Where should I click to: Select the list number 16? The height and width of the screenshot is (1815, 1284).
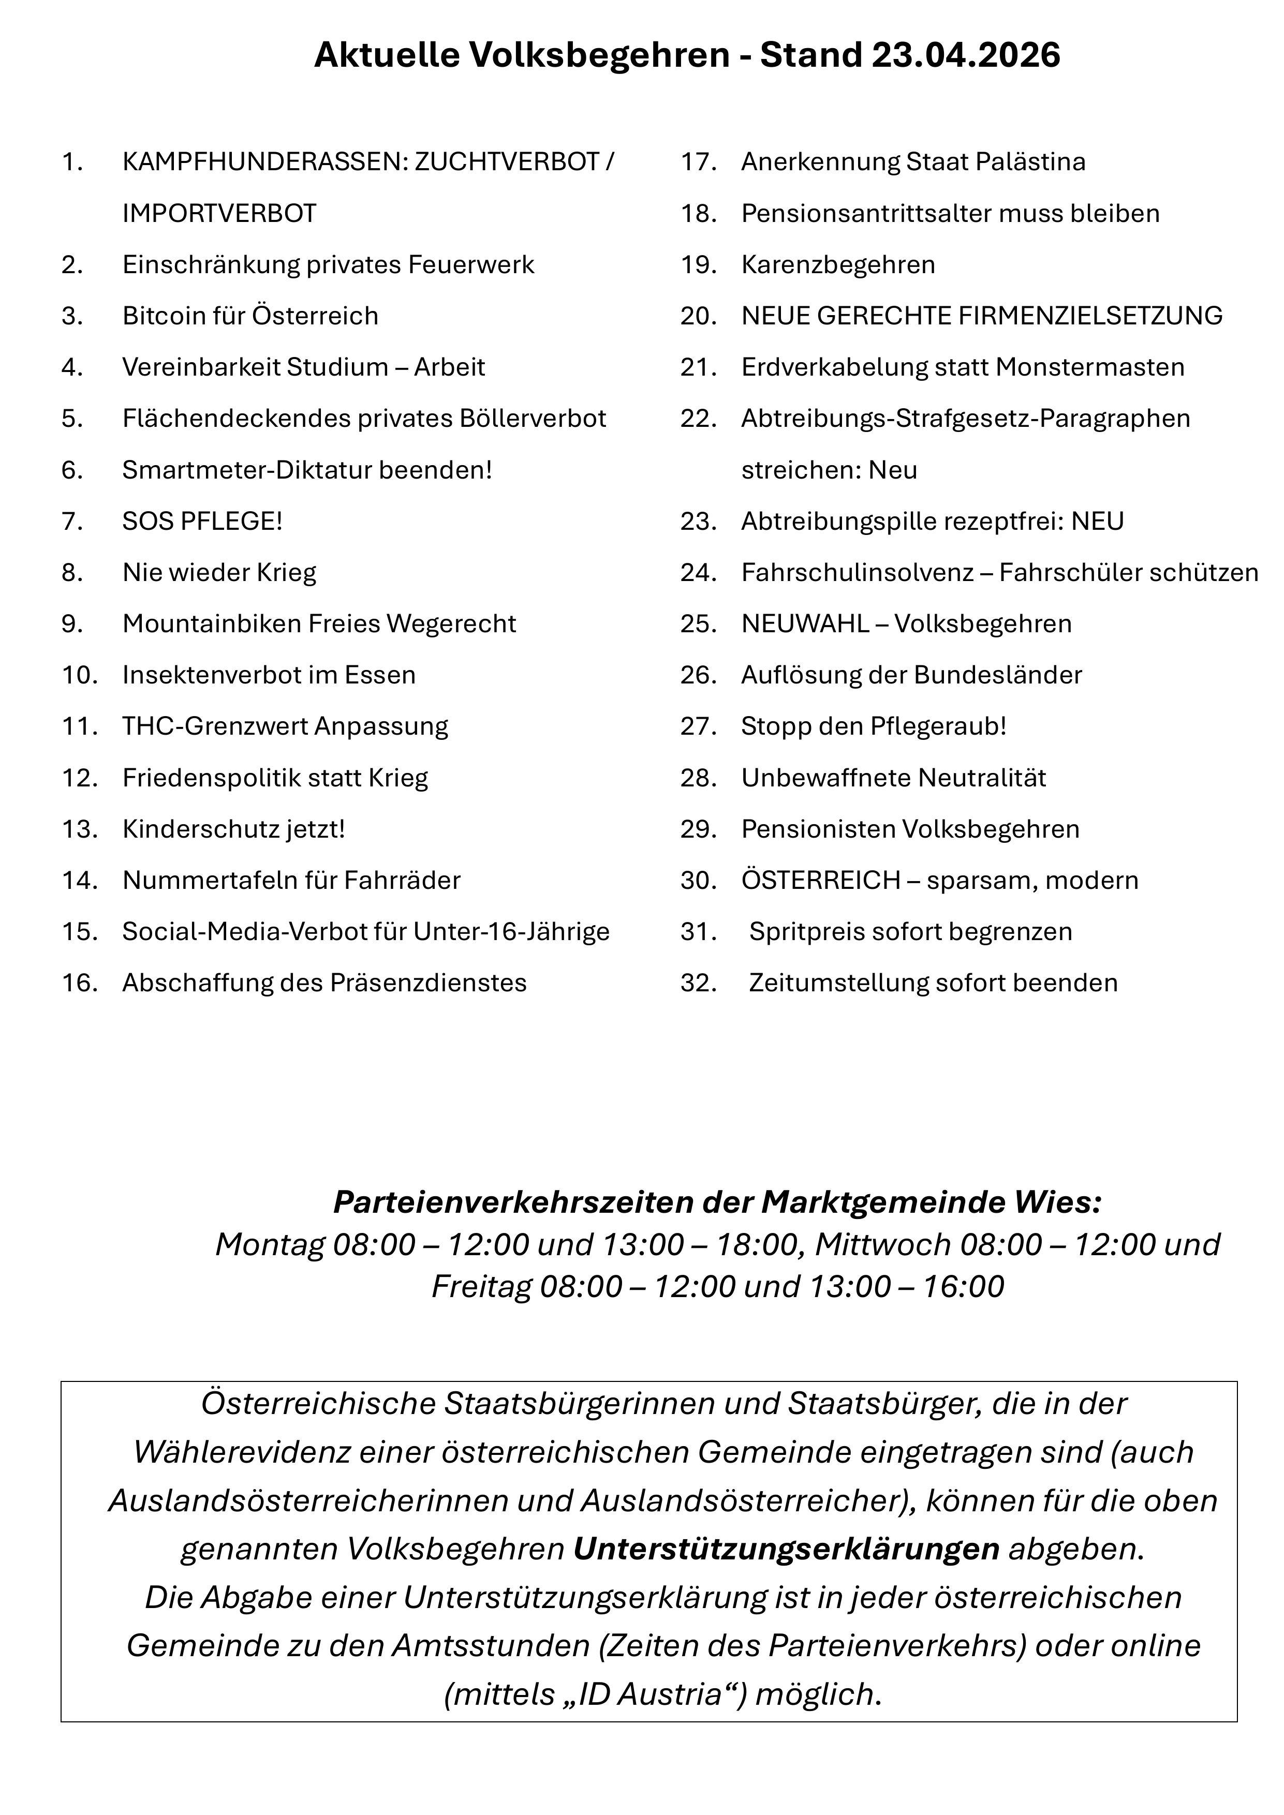click(80, 984)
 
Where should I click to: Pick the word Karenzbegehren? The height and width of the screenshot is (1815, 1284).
click(838, 265)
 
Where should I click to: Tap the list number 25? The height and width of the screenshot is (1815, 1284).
click(698, 624)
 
